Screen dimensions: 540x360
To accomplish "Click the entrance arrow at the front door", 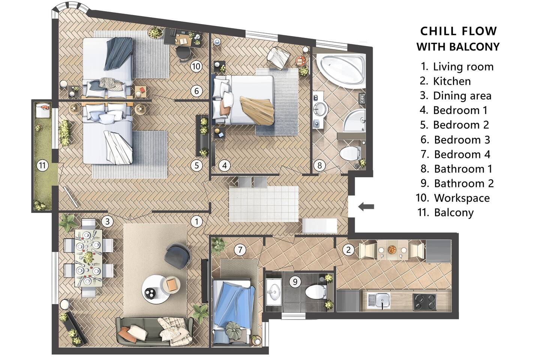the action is pyautogui.click(x=366, y=207).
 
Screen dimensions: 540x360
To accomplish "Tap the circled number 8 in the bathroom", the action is pyautogui.click(x=319, y=165).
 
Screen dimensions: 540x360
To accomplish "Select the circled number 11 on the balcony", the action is pyautogui.click(x=42, y=165).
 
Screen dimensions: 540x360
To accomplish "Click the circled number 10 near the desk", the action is pyautogui.click(x=196, y=66).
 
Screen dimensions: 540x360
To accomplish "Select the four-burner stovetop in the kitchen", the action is pyautogui.click(x=425, y=301).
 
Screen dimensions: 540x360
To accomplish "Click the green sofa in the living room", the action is pyautogui.click(x=154, y=331).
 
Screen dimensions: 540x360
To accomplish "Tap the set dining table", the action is pyautogui.click(x=88, y=258).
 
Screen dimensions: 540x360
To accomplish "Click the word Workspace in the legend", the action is pyautogui.click(x=462, y=198).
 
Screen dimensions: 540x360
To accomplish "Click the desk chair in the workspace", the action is pyautogui.click(x=183, y=54).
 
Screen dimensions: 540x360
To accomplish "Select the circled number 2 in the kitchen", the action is pyautogui.click(x=348, y=250).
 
